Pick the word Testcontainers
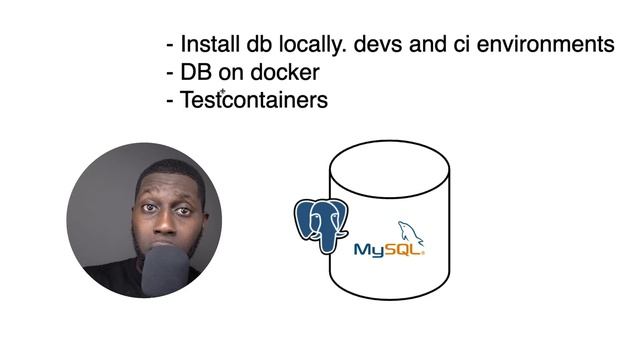pyautogui.click(x=254, y=101)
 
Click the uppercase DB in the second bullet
pyautogui.click(x=196, y=73)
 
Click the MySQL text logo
pyautogui.click(x=383, y=249)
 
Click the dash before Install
pyautogui.click(x=170, y=46)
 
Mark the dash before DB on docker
pyautogui.click(x=170, y=74)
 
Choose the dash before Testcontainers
pyautogui.click(x=170, y=102)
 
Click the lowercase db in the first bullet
pyautogui.click(x=257, y=45)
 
